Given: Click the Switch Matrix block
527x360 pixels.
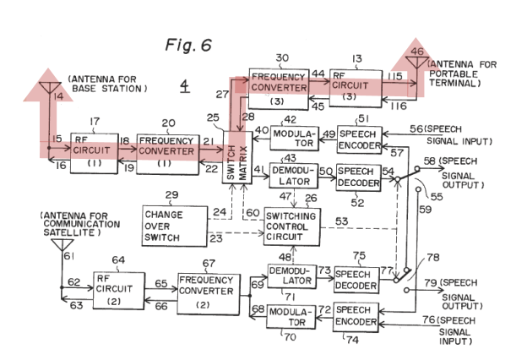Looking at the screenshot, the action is [237, 157].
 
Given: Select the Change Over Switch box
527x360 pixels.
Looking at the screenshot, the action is [175, 226].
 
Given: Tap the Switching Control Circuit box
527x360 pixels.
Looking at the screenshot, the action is [291, 226].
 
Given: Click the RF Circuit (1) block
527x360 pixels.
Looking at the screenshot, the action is [94, 153].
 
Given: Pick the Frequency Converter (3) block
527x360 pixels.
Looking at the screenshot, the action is [279, 90].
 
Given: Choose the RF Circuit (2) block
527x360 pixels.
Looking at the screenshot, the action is [119, 291].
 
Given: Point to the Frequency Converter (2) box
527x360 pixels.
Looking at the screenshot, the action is [209, 294].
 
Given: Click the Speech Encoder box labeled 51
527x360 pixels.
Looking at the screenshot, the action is [360, 140].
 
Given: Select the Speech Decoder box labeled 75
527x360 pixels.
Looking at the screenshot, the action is [356, 280].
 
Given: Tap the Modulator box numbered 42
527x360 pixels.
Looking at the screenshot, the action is [295, 138].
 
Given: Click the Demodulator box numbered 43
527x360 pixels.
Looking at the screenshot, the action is [294, 176].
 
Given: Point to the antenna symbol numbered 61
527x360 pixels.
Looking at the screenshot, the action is [62, 244].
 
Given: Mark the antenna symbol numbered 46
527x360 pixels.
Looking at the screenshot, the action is [416, 63].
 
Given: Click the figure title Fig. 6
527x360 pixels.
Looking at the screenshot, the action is [188, 45].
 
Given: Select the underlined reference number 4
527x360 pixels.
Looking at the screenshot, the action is [184, 86].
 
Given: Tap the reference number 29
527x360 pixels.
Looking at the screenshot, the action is [171, 195].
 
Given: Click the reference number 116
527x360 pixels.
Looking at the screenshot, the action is [399, 106].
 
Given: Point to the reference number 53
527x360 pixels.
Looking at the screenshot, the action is [341, 221].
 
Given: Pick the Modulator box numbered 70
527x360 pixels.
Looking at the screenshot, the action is [291, 317].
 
